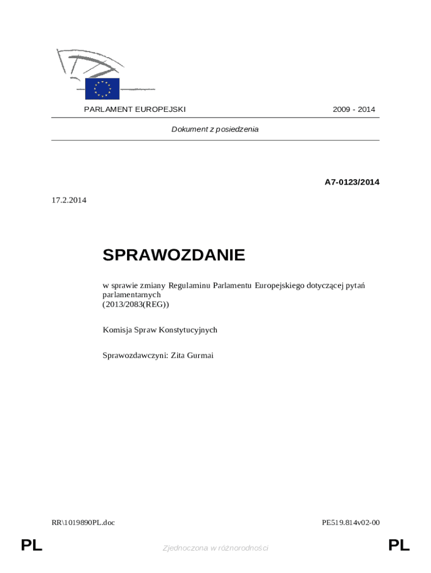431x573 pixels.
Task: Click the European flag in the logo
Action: tap(102, 88)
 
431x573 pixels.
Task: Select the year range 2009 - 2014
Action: tap(354, 109)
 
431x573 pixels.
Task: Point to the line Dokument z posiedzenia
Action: tap(215, 129)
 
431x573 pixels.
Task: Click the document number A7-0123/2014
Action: tap(352, 182)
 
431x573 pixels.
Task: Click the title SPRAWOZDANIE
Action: tap(174, 255)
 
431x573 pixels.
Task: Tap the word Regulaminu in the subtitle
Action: tap(189, 285)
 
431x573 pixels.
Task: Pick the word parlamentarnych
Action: tap(132, 294)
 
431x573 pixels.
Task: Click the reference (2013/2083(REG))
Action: tap(135, 304)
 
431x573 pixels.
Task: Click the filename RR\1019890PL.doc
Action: tap(83, 523)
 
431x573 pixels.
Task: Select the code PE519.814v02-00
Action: tap(351, 523)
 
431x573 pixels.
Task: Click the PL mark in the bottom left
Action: tap(31, 545)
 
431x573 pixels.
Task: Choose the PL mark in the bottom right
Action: tap(399, 545)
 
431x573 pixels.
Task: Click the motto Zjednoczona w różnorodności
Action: tap(215, 548)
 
